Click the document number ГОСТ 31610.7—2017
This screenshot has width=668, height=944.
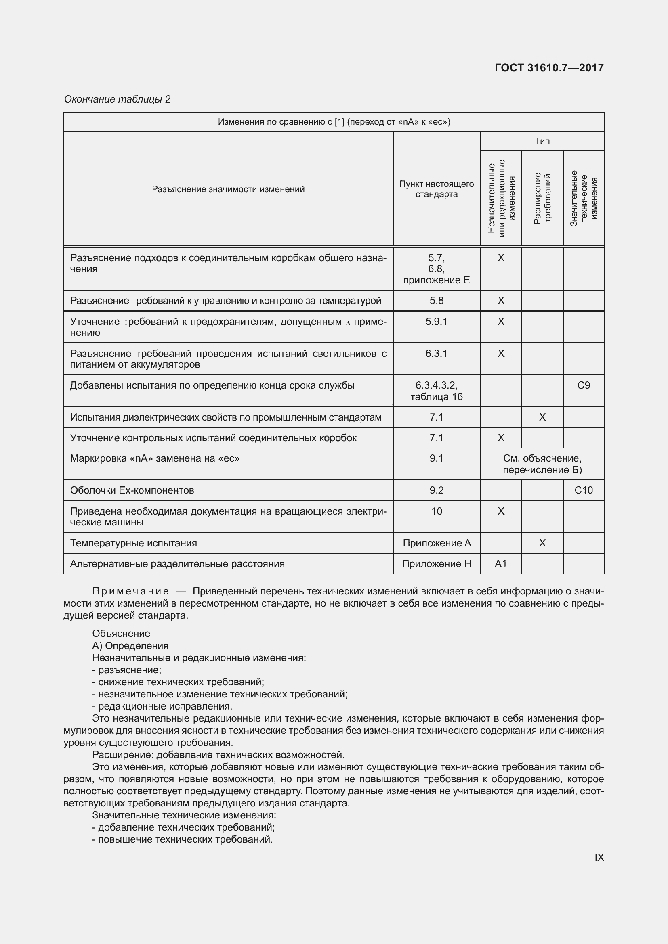(549, 68)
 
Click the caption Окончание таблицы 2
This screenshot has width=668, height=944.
(117, 99)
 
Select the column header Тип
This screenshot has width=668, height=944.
(542, 141)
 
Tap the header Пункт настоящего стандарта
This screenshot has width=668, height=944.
(437, 189)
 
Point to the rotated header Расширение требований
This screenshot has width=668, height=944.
(542, 198)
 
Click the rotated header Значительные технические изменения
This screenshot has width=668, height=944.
(584, 198)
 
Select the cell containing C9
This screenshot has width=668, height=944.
(584, 385)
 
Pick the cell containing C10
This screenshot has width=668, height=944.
(584, 490)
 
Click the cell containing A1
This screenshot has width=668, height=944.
(500, 564)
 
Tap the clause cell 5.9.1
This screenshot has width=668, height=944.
(437, 322)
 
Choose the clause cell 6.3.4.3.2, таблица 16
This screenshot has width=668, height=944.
(437, 391)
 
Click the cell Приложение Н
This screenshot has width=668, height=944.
(437, 564)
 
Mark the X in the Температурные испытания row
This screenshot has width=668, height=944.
(542, 543)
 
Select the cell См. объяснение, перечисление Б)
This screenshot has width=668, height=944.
(542, 464)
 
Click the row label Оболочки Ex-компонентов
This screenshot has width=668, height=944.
(132, 490)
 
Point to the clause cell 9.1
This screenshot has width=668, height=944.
(437, 458)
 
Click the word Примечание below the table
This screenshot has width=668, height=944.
(130, 591)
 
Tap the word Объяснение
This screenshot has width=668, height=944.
(121, 634)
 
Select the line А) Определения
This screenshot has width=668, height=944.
(130, 645)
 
